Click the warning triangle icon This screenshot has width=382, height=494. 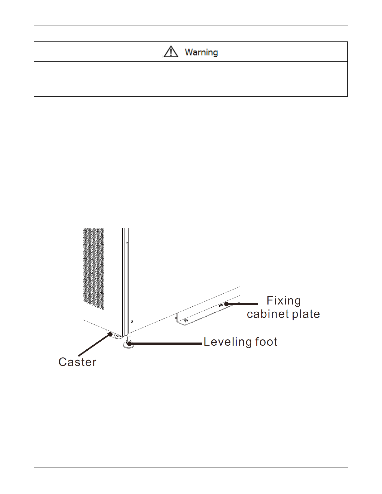171,52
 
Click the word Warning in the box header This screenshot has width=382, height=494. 201,52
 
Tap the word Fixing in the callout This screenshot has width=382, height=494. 283,301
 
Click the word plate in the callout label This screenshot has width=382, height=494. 306,314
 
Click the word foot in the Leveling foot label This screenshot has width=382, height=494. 266,342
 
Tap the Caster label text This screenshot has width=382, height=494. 77,362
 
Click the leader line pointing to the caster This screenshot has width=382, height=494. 94,345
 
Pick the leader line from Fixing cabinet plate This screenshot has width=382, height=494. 243,304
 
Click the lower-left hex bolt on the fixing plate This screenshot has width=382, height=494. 186,320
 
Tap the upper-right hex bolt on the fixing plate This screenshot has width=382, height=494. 221,306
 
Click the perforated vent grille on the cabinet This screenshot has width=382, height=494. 93,268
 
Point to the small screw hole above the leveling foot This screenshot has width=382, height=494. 132,321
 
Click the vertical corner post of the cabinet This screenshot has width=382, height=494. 125,281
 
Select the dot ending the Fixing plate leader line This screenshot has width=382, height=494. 227,304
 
